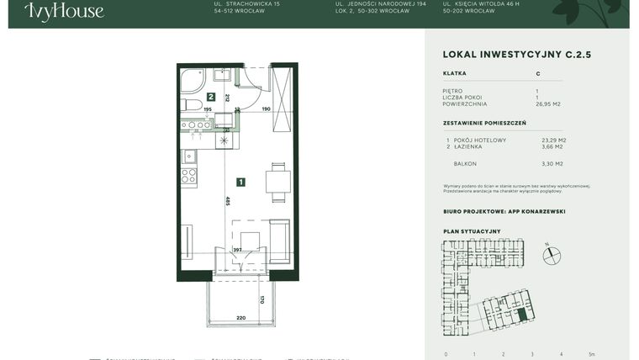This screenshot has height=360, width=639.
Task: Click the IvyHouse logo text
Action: [64, 12]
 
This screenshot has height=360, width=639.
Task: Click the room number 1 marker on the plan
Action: [240, 182]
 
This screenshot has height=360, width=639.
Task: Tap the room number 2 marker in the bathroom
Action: [212, 97]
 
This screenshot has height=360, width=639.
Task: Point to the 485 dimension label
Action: [227, 200]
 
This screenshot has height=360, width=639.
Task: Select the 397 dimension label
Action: [238, 250]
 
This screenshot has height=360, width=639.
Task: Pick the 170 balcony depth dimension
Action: [261, 299]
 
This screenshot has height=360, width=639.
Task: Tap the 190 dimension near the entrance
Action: [266, 109]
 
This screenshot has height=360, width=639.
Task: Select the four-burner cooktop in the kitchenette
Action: [189, 177]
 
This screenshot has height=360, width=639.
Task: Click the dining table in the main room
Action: [277, 182]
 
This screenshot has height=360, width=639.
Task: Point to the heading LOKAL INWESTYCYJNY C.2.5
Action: [516, 55]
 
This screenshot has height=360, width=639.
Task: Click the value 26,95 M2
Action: [549, 105]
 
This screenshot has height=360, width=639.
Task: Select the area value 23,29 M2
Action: [554, 140]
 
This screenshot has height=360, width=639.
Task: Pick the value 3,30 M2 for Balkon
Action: [552, 164]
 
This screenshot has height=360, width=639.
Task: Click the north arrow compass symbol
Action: [552, 254]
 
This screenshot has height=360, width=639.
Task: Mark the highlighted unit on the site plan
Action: [523, 315]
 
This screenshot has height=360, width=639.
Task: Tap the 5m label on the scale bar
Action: [592, 354]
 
